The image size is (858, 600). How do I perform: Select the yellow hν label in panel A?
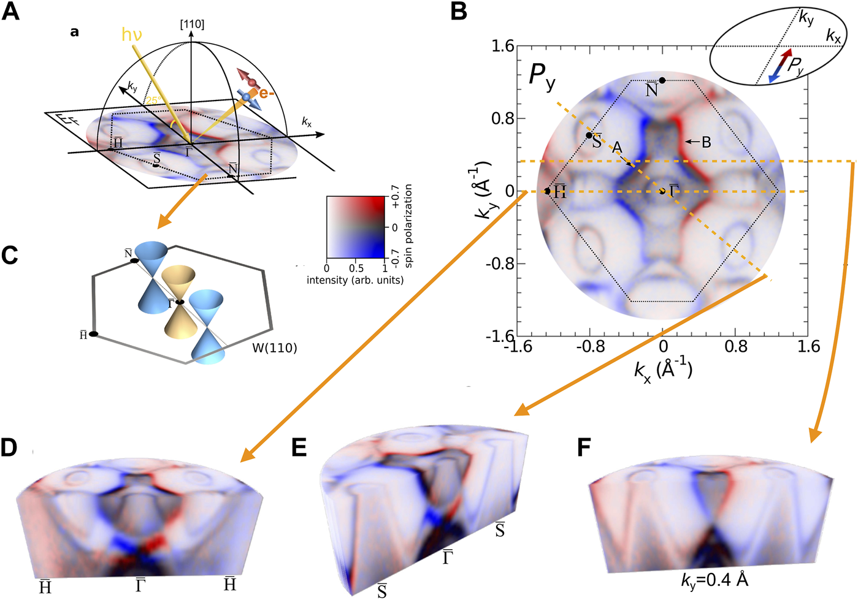(131, 34)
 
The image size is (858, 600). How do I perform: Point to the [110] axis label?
(192, 25)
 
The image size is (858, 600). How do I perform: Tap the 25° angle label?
(153, 100)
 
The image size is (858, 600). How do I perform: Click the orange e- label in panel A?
(267, 93)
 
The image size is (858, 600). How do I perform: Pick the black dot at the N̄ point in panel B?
(662, 80)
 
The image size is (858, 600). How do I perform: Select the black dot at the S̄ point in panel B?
(589, 135)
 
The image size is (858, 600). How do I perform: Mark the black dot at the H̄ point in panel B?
(547, 191)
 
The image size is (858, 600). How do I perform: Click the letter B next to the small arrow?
(706, 142)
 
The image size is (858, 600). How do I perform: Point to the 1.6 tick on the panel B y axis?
(503, 46)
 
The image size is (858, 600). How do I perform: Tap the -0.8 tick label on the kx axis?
(590, 347)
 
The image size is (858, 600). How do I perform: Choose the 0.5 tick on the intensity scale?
(356, 268)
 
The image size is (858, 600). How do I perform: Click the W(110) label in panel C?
(275, 348)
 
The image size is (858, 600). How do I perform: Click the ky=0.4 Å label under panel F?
(714, 580)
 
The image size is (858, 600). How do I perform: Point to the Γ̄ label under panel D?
(140, 585)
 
